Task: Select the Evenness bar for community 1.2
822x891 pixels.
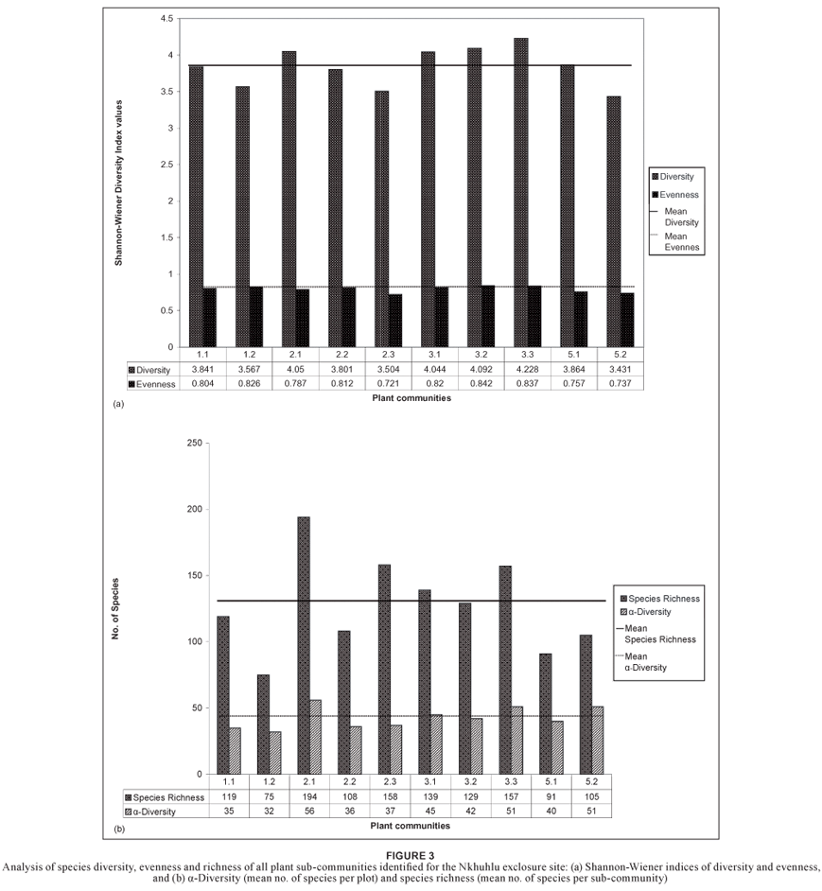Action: (255, 317)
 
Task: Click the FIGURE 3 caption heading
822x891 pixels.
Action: (410, 854)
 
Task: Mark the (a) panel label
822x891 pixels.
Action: (118, 403)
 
